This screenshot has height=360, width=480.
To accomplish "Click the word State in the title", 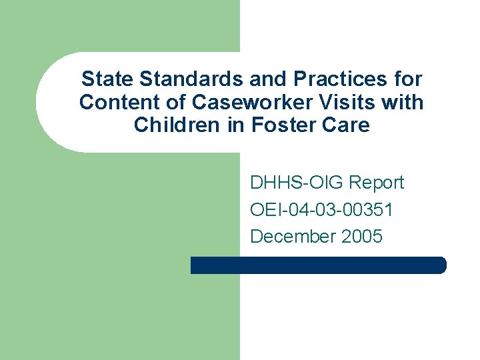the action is pyautogui.click(x=107, y=79).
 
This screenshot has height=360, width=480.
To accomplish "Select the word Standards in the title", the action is pyautogui.click(x=191, y=79).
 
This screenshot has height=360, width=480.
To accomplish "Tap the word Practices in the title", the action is pyautogui.click(x=340, y=79).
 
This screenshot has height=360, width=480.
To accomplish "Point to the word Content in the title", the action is pyautogui.click(x=120, y=102).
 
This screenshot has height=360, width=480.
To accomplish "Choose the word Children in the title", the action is pyautogui.click(x=177, y=125).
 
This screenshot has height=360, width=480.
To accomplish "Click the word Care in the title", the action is pyautogui.click(x=346, y=125).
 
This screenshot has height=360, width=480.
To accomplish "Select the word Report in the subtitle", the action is pyautogui.click(x=377, y=183).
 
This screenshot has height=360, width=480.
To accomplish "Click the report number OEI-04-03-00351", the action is pyautogui.click(x=321, y=210).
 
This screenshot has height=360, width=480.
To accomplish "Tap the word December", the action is pyautogui.click(x=293, y=236).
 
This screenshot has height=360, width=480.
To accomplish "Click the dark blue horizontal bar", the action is pyautogui.click(x=319, y=265).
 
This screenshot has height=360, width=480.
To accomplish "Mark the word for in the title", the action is pyautogui.click(x=408, y=79).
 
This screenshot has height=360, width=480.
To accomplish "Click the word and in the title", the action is pyautogui.click(x=269, y=79).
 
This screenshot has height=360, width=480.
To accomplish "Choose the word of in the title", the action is pyautogui.click(x=176, y=102).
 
